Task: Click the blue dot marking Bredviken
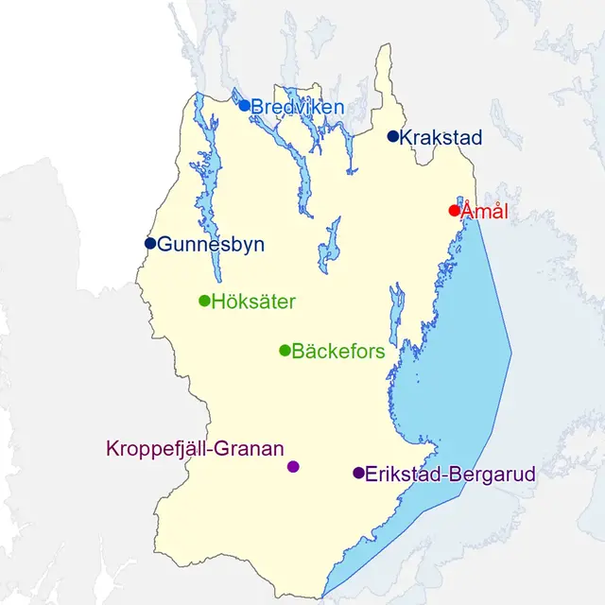pos(244,105)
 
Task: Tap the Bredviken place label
pos(297,108)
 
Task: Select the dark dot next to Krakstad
pos(393,136)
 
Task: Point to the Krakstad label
pos(441,138)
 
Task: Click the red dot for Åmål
pos(454,210)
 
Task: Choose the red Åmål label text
pos(484,212)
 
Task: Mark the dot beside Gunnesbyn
pos(150,243)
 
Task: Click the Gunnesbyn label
pos(211,245)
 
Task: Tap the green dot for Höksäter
pos(204,301)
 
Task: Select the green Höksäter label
pos(253,302)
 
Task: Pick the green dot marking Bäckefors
pos(285,351)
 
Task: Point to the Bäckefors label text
pos(338,353)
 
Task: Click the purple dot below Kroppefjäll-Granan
pos(293,466)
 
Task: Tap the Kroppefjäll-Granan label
pos(196,449)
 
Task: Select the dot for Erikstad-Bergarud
pos(358,473)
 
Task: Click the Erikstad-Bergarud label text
pos(450,475)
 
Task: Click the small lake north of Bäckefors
pos(330,246)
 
